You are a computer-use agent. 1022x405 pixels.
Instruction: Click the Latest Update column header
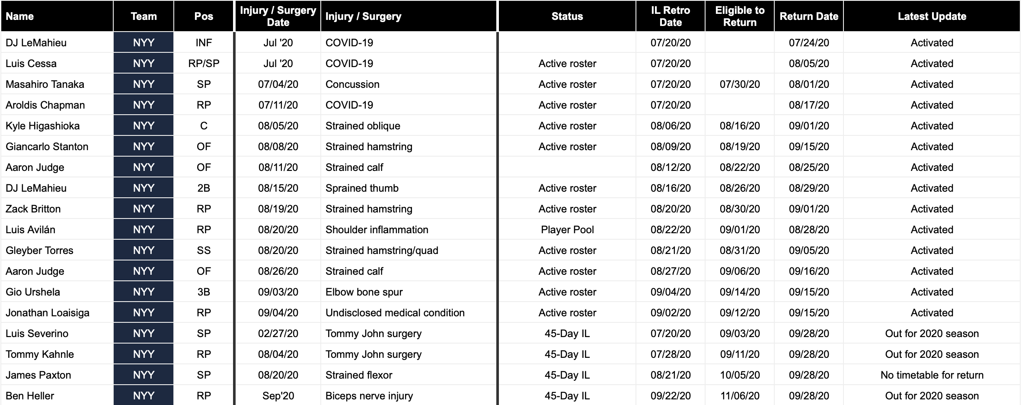point(932,16)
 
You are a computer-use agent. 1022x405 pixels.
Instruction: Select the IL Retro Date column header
point(670,16)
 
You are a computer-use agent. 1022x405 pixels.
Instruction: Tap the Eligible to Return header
point(739,16)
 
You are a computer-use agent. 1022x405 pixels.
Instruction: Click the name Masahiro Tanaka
point(45,84)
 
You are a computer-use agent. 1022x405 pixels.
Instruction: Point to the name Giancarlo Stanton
point(47,147)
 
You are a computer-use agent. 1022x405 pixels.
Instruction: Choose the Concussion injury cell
point(352,84)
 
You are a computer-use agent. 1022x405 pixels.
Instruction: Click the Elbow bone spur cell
point(364,292)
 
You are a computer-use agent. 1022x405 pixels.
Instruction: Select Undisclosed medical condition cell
point(395,313)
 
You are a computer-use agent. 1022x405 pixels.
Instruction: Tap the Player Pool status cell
point(567,230)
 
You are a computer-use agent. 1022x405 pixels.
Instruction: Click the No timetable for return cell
point(932,375)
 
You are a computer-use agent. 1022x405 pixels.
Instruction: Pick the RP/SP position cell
point(204,64)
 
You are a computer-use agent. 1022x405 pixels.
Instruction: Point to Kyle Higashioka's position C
point(204,126)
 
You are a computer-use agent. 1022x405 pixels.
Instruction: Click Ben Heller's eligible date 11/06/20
point(740,396)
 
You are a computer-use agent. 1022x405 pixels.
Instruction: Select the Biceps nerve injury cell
point(369,396)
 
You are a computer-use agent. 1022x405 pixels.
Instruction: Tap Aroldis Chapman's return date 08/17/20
point(809,105)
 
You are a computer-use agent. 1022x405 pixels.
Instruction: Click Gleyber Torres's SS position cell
point(204,251)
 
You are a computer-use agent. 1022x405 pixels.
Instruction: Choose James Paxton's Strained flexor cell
point(359,375)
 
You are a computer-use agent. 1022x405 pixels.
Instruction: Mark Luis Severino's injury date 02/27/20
point(278,334)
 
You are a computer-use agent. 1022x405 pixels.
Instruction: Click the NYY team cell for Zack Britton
point(144,209)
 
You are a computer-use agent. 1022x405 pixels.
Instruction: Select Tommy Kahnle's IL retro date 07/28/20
point(671,354)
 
